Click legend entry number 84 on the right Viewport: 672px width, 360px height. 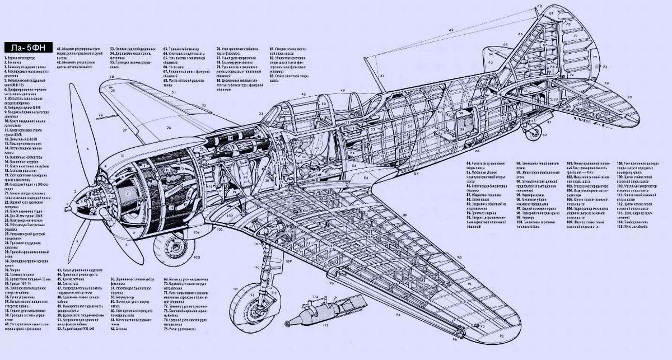click(x=487, y=163)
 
